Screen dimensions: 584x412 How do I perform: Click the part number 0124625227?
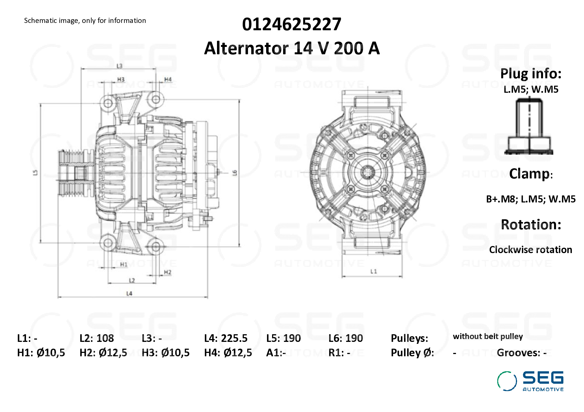click(x=292, y=24)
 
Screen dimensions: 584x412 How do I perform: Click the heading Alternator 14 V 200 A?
click(x=292, y=48)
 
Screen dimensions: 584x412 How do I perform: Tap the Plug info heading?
click(x=531, y=74)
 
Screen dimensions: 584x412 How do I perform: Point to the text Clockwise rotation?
click(x=531, y=250)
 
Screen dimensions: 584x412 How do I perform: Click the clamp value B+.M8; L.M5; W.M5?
click(x=531, y=199)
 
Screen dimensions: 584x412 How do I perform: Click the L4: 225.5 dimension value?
click(x=226, y=338)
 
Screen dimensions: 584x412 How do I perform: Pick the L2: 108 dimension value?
click(x=97, y=338)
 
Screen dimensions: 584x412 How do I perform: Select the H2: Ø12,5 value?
click(x=103, y=353)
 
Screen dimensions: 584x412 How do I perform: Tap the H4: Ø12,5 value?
click(x=228, y=353)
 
